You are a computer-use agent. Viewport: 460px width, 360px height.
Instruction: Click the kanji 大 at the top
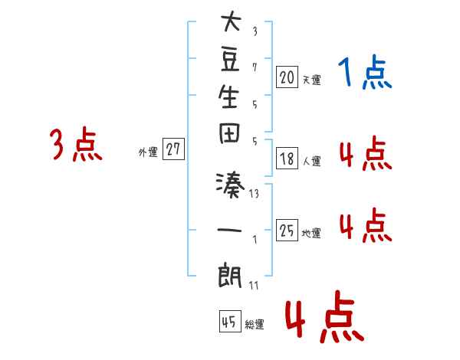click(x=231, y=21)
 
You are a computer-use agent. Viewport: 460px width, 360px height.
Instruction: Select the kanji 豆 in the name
click(x=230, y=59)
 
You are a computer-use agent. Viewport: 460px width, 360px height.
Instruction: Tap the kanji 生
click(x=228, y=97)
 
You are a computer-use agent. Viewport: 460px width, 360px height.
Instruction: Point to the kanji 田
click(x=229, y=133)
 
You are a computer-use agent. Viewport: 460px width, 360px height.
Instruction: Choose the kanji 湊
click(x=230, y=185)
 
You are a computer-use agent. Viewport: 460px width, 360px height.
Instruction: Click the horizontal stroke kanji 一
click(x=229, y=230)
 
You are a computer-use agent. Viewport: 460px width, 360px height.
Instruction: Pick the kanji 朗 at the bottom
click(x=230, y=275)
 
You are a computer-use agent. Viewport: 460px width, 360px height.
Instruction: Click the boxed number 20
click(x=287, y=77)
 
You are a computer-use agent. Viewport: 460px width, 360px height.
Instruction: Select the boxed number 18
click(x=287, y=159)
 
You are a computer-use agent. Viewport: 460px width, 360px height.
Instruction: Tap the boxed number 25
click(x=287, y=230)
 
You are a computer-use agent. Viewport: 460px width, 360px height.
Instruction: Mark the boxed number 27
click(x=173, y=149)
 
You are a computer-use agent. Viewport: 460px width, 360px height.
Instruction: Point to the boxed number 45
click(x=230, y=321)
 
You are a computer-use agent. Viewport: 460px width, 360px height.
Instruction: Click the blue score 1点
click(x=365, y=72)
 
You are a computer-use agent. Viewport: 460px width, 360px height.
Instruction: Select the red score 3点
click(x=76, y=144)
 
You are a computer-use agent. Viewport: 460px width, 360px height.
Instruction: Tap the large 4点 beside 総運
click(x=324, y=317)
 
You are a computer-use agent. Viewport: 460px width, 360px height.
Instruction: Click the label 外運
click(x=148, y=152)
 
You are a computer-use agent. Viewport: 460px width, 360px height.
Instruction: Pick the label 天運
click(x=311, y=80)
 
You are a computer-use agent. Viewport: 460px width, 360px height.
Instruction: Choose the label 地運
click(x=311, y=234)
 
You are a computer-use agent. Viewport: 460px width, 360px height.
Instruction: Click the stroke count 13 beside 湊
click(x=254, y=194)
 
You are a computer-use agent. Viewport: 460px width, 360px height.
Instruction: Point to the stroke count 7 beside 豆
click(x=255, y=67)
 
